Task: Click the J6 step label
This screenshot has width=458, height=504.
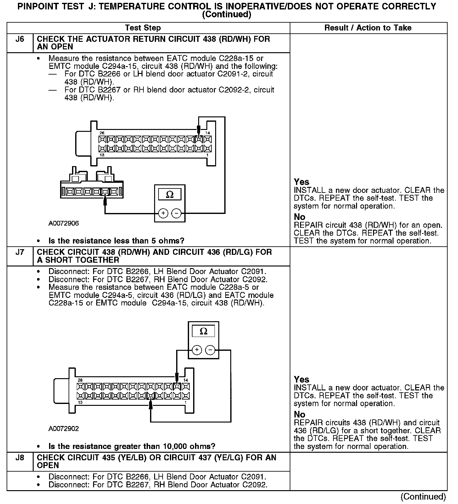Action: pos(20,39)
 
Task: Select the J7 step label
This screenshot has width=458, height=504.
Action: pos(20,252)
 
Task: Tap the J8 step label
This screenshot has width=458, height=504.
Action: pos(20,458)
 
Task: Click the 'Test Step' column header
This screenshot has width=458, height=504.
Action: pos(143,28)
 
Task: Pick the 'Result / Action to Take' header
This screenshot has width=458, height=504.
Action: pos(368,28)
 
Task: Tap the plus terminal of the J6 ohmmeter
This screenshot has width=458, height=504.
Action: pos(163,213)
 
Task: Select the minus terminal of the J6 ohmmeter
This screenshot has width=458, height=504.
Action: pos(176,213)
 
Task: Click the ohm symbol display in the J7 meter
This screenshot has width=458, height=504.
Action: pos(204,331)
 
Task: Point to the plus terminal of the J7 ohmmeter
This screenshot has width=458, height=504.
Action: pos(197,350)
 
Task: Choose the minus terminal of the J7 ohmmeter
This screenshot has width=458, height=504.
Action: pos(210,350)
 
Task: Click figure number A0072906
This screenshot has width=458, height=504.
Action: pos(64,223)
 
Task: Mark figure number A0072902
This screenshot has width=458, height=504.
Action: pos(64,428)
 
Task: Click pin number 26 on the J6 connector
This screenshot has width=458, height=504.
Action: pos(102,133)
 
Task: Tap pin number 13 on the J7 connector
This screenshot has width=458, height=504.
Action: pos(80,402)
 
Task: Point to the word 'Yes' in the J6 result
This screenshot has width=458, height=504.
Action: pos(301,182)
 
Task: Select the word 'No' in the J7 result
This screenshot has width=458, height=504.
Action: pos(299,414)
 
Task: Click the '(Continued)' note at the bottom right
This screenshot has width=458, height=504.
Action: pos(423,496)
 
